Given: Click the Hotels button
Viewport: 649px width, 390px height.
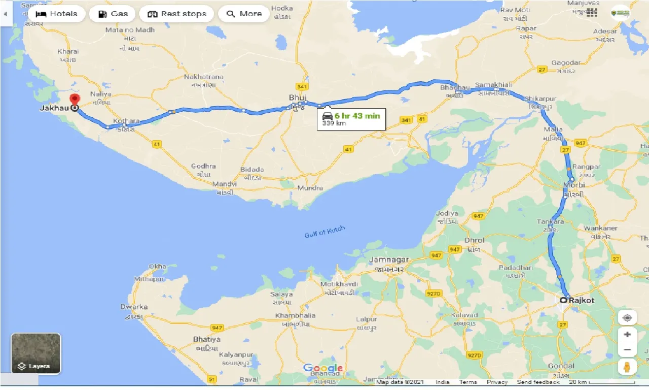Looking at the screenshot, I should [56, 14].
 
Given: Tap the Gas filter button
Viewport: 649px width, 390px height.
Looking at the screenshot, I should [112, 14].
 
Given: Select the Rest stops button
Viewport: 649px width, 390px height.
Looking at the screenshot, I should [176, 14].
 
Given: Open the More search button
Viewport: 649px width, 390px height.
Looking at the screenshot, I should [243, 14].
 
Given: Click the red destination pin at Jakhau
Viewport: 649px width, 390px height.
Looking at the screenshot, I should [75, 99].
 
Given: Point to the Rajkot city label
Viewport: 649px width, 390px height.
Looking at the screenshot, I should [581, 300].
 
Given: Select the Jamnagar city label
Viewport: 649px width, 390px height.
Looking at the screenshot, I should [389, 259].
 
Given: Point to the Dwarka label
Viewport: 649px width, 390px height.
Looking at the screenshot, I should [134, 307].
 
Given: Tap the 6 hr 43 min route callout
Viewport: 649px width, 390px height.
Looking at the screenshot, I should [351, 119].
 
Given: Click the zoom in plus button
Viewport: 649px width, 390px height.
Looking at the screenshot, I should [627, 334].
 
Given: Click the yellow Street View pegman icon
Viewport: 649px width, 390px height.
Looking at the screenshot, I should [627, 367].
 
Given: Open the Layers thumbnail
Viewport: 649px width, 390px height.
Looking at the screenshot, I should [36, 353].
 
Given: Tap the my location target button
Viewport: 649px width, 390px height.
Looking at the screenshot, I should [627, 318].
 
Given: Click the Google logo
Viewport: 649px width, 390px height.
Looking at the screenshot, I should [323, 368].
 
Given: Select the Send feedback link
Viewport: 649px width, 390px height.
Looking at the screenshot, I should [538, 382].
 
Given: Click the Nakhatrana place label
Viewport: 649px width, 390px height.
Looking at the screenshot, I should [204, 77].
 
